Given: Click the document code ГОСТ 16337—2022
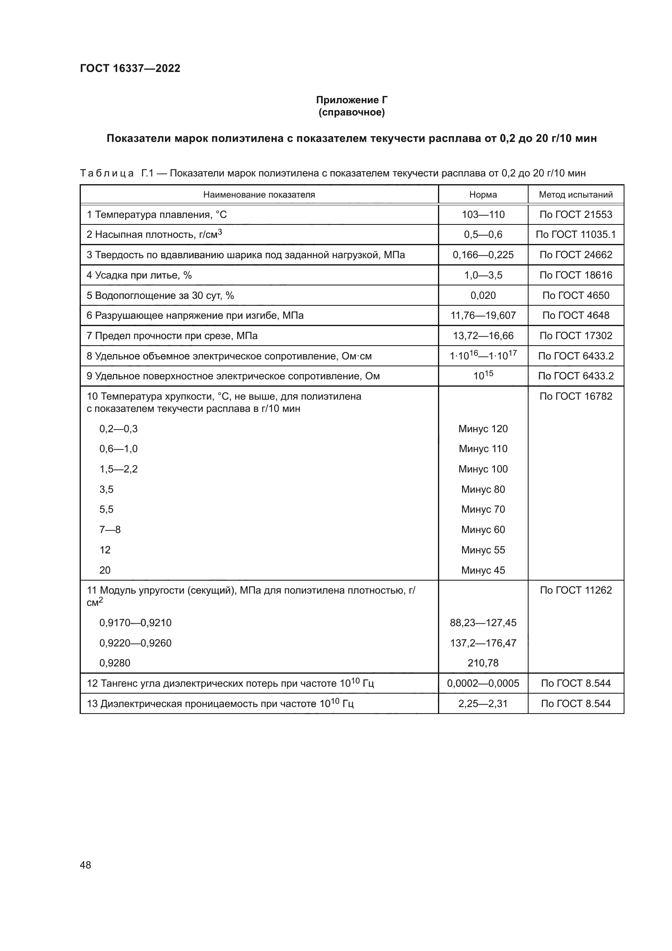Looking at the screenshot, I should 130,68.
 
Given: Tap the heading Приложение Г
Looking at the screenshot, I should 351,100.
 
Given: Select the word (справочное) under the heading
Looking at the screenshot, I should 351,112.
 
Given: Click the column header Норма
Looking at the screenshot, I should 483,195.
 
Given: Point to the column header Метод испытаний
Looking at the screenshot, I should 576,195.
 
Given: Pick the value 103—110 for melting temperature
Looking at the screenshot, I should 483,215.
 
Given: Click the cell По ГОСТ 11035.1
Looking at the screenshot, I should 576,235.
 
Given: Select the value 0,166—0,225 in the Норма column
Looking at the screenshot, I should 483,255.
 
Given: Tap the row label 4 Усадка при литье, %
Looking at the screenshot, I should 139,275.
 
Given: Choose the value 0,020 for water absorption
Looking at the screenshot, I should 483,295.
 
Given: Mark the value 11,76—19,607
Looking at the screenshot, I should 483,316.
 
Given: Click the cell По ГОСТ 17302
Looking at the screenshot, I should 576,335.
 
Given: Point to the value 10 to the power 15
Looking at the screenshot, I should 483,376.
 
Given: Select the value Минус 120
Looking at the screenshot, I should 483,429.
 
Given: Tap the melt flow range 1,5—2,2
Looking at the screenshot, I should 118,469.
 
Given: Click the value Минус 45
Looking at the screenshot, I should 483,570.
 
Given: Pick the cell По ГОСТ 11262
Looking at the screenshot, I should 576,590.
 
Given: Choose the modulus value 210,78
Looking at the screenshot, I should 483,663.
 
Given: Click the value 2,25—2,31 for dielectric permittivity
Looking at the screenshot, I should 483,704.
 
